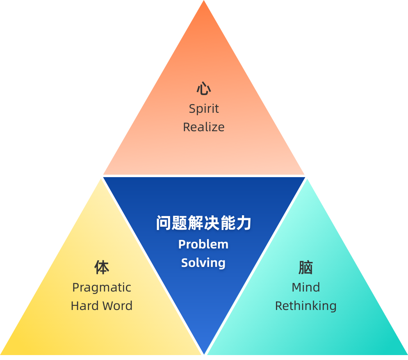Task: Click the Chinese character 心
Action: point(204,89)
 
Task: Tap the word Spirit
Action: point(204,109)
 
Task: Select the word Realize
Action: point(204,127)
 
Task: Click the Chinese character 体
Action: point(102,267)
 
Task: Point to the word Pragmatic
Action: point(102,288)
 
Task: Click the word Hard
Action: point(85,305)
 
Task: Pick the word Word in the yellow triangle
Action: point(117,305)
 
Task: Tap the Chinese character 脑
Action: point(306,267)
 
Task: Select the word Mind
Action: point(306,287)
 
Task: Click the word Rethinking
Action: point(306,306)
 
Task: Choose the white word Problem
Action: point(203,244)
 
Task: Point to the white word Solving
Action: point(203,263)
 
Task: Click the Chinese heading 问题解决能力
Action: point(203,223)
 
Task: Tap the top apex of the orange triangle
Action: point(204,0)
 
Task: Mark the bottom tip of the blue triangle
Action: point(204,353)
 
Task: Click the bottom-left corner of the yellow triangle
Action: point(1,355)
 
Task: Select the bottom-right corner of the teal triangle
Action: point(407,355)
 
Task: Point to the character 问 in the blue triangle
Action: point(164,223)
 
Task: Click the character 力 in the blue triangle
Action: point(244,223)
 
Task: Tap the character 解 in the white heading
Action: point(196,223)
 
